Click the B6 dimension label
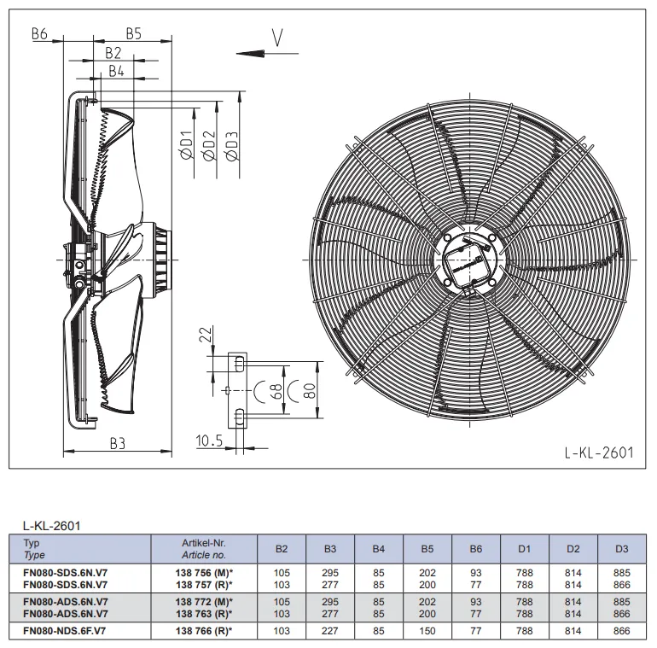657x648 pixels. (x=40, y=34)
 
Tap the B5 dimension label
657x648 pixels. (x=134, y=34)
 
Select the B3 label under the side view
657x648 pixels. (x=118, y=443)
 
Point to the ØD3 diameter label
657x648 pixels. (x=232, y=145)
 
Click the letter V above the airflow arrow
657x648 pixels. (x=277, y=38)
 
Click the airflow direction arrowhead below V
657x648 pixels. (x=251, y=54)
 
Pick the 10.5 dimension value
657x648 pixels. (x=210, y=441)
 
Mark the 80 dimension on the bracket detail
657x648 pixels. (x=309, y=392)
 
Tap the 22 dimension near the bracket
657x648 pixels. (x=206, y=335)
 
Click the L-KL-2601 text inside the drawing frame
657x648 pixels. (x=599, y=452)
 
